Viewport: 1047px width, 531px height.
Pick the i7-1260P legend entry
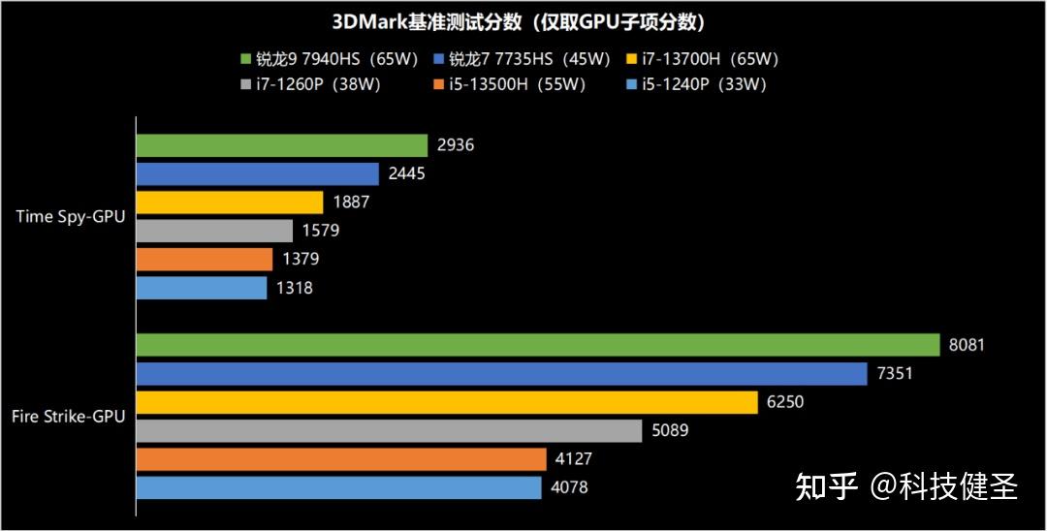(x=310, y=84)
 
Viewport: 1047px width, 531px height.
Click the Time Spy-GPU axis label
(x=70, y=217)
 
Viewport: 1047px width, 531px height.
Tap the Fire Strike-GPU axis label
(x=68, y=417)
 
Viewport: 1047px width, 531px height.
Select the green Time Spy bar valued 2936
(x=281, y=145)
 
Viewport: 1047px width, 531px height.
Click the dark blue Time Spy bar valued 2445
(x=257, y=174)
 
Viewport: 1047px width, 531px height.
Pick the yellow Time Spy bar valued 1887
(x=229, y=203)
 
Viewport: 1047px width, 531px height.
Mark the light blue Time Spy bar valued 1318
(x=201, y=288)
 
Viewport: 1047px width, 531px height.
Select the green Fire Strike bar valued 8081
(x=538, y=345)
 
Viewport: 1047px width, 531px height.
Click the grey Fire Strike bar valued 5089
(x=389, y=430)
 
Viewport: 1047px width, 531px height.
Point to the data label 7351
(x=895, y=374)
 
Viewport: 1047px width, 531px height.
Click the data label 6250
(x=785, y=402)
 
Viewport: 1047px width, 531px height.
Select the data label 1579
(x=320, y=232)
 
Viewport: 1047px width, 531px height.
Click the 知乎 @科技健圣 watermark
(x=906, y=486)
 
